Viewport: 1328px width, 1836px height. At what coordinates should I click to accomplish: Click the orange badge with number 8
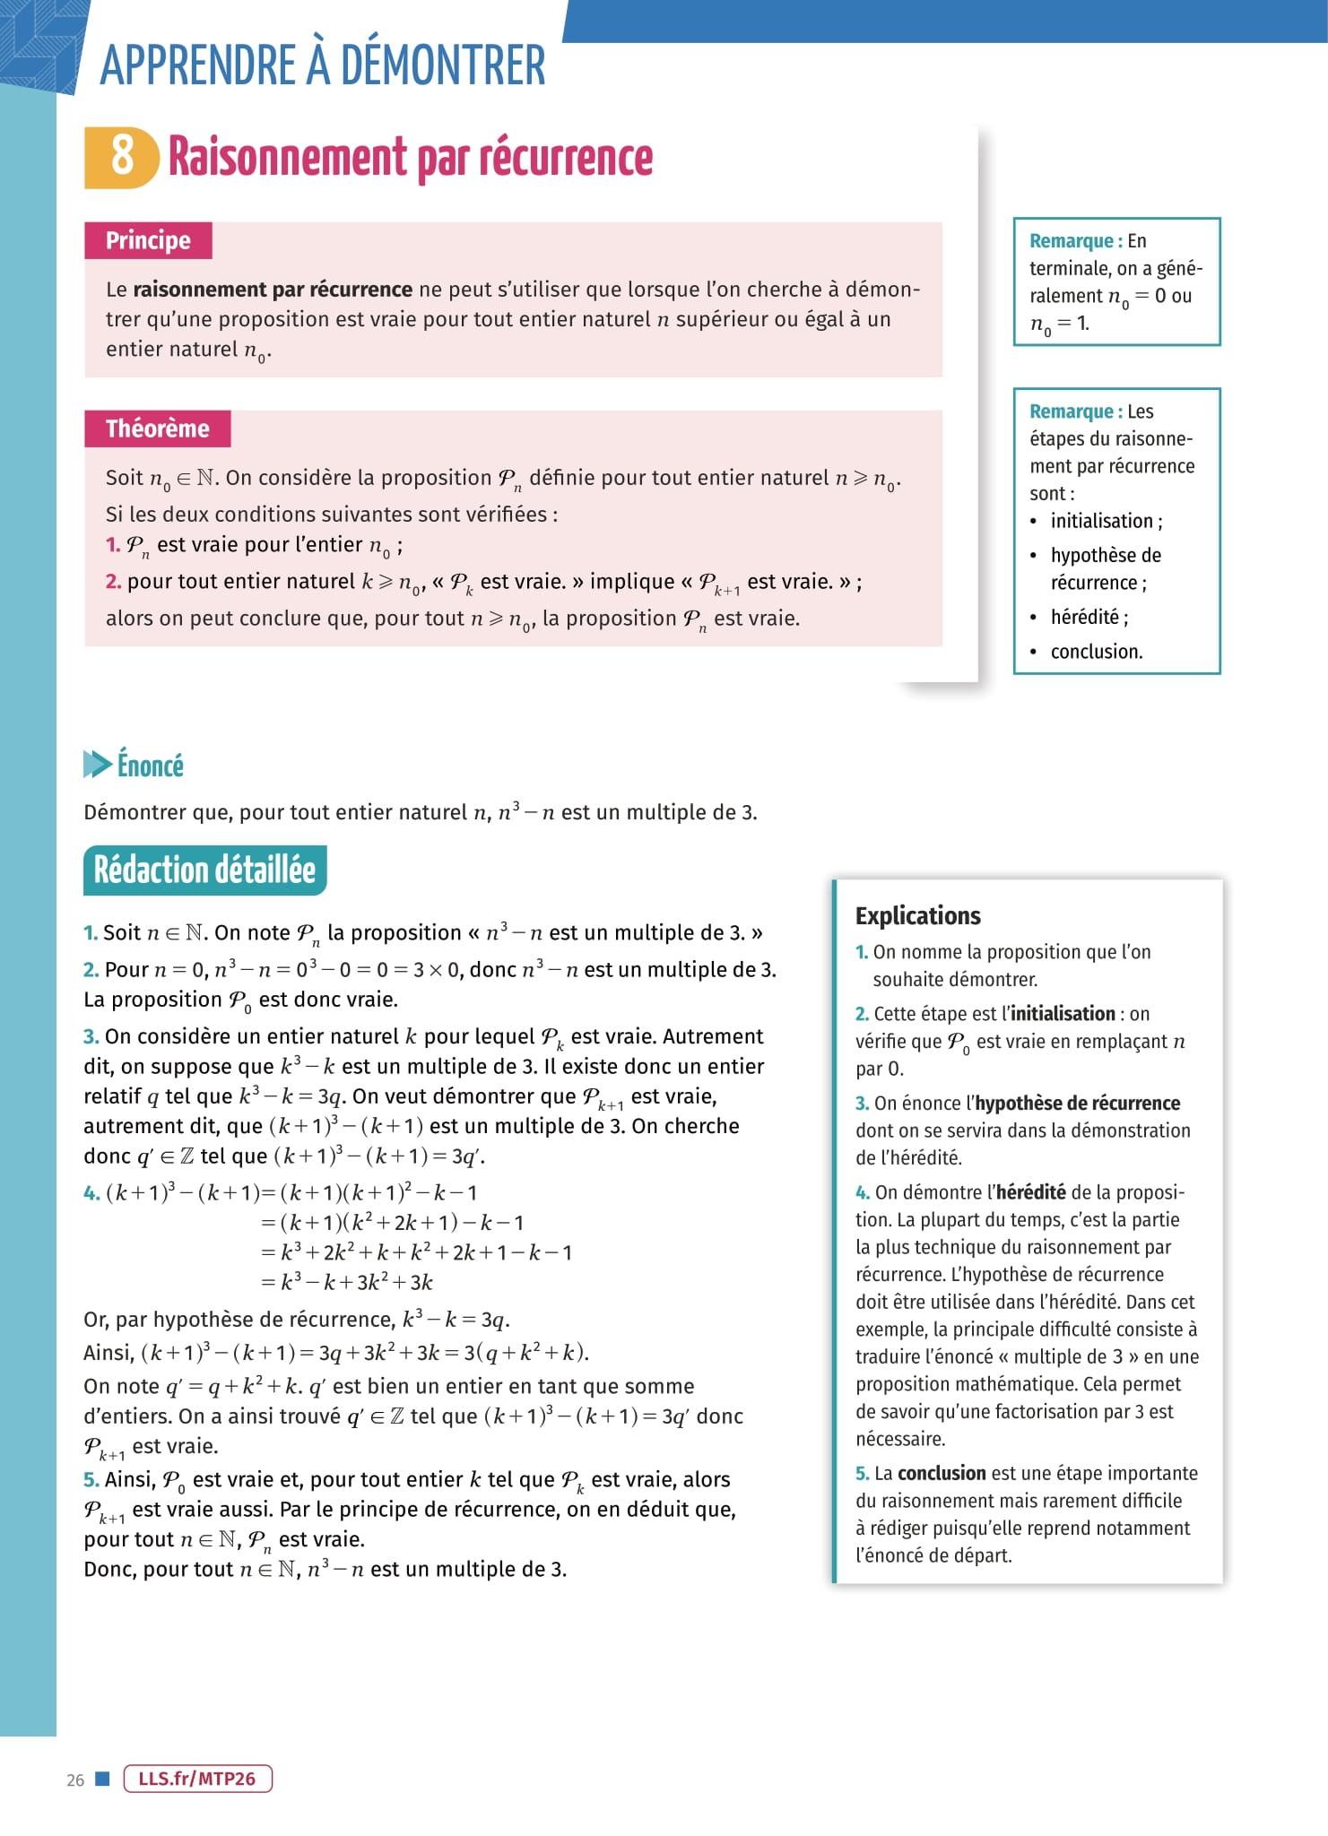click(x=121, y=157)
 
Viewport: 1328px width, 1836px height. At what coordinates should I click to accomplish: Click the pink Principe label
click(x=148, y=240)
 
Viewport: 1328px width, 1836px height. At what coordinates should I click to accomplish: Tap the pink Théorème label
click(x=157, y=429)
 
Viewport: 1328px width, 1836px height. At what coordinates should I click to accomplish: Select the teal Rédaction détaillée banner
click(x=204, y=870)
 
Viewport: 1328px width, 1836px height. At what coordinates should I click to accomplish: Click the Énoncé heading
click(x=150, y=766)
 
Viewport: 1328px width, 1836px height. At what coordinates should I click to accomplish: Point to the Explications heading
click(x=917, y=915)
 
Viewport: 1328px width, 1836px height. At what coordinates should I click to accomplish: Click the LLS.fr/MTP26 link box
click(x=197, y=1779)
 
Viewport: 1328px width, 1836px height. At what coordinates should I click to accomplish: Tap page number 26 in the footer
click(x=75, y=1780)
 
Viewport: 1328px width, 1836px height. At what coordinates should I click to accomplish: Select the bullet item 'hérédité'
click(x=1089, y=617)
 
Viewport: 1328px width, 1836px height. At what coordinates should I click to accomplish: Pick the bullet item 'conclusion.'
click(x=1096, y=652)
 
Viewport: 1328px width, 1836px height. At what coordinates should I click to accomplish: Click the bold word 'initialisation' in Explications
click(x=1063, y=1013)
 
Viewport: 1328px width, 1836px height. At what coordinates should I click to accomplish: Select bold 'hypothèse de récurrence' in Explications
click(x=1077, y=1103)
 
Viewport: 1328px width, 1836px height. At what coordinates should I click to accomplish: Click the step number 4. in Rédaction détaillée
click(x=91, y=1193)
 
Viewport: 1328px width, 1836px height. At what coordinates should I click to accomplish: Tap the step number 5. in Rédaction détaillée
click(x=91, y=1480)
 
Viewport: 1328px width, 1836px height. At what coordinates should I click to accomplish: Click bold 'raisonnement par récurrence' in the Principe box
click(x=273, y=290)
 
